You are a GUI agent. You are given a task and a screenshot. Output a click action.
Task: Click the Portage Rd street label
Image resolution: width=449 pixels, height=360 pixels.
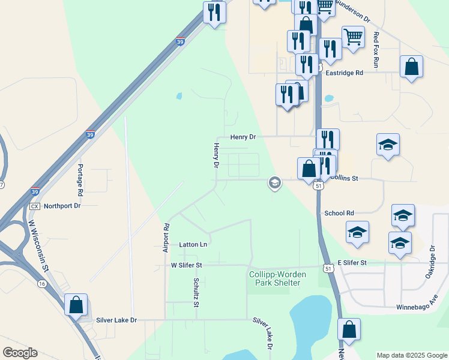pos(79,179)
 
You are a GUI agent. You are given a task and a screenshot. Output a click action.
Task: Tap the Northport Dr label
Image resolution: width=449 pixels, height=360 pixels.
pos(62,205)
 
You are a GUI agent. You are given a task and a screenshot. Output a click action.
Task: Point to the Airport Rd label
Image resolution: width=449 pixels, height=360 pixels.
pos(166,238)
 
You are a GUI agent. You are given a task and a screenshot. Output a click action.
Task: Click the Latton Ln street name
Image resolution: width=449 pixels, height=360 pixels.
pos(193,245)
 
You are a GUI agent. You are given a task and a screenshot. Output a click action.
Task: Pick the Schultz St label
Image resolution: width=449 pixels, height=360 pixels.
pos(196,292)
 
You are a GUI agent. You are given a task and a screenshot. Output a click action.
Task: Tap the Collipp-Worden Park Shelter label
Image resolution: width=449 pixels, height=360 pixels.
pos(277,279)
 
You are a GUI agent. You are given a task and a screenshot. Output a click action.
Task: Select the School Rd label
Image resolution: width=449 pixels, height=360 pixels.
pos(339,213)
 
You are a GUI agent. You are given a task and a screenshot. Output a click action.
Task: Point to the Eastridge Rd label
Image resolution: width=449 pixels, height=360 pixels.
pos(345,73)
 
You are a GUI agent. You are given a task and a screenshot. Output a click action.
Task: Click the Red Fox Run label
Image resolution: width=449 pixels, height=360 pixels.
pos(376,49)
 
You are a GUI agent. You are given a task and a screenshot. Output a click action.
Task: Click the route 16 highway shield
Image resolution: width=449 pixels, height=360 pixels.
pos(41,283)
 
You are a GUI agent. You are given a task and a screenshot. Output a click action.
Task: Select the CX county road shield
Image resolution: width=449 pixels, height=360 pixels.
pos(34,206)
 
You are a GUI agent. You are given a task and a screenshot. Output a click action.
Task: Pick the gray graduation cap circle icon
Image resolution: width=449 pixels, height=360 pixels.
pos(275,182)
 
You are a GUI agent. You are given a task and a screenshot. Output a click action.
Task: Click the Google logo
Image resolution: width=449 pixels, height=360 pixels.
pos(20,353)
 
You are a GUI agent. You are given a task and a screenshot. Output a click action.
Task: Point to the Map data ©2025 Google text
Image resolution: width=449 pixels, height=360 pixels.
pos(412,355)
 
